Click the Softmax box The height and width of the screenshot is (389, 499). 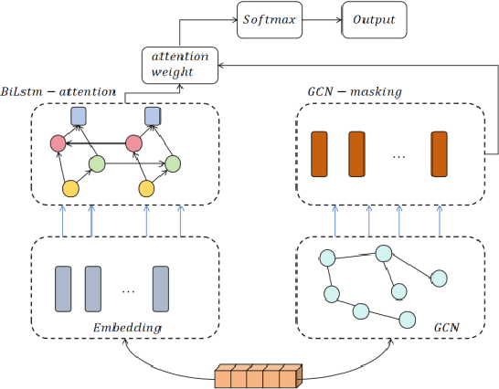(x=270, y=19)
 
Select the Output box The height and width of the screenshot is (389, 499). (x=374, y=19)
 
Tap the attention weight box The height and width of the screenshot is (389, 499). (x=179, y=63)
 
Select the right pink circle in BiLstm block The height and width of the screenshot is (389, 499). (x=134, y=143)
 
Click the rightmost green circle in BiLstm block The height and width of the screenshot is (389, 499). (x=171, y=164)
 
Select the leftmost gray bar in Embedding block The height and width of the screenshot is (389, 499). (x=63, y=289)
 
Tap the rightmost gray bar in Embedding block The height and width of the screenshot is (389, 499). (x=161, y=289)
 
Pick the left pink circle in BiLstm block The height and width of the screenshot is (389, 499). (x=58, y=143)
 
